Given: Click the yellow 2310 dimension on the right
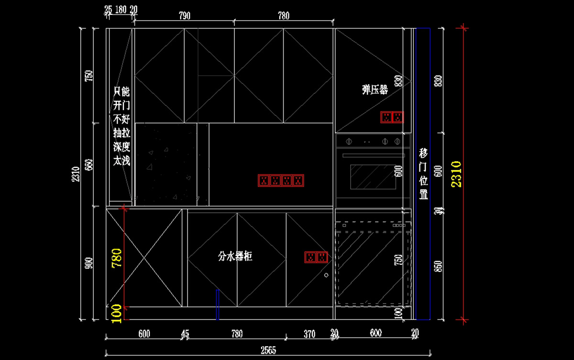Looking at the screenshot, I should point(456,175).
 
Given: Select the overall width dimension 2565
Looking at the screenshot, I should point(268,350).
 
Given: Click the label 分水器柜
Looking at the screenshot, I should point(235,257).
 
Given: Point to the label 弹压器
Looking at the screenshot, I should point(375,89).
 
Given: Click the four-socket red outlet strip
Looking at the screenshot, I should point(281,181).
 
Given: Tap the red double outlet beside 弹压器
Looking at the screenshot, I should point(392,117).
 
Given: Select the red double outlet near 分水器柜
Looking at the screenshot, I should point(316,257).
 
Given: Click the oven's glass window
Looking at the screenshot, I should point(373,177).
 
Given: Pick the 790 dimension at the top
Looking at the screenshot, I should point(185,16).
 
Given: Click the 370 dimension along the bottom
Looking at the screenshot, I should point(309,334).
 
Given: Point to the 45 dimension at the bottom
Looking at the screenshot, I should point(185,334).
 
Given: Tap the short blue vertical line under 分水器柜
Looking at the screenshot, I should point(218,304).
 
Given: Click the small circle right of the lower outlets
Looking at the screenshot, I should point(326,275).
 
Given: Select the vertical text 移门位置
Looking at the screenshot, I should point(423,174).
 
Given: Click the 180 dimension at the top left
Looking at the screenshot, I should point(121,9).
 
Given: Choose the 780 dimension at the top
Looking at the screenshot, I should point(284,16).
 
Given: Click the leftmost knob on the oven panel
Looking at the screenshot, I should point(349,141).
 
